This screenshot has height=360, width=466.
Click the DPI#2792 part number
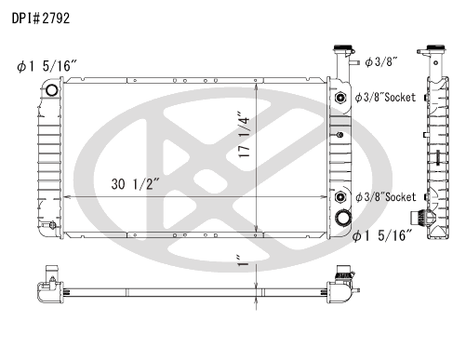(x=41, y=19)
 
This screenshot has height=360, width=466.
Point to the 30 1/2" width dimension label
(x=135, y=184)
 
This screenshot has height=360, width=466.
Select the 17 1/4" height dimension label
(x=245, y=134)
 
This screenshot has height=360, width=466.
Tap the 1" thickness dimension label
(x=243, y=260)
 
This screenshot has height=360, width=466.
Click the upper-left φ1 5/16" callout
(x=47, y=66)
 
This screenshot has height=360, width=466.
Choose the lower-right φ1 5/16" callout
(x=383, y=236)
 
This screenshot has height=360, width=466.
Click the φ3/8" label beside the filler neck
(x=381, y=62)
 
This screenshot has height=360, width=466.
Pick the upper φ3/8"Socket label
(x=385, y=98)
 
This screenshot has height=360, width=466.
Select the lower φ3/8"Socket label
(x=385, y=197)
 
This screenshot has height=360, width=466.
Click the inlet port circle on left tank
(x=51, y=90)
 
